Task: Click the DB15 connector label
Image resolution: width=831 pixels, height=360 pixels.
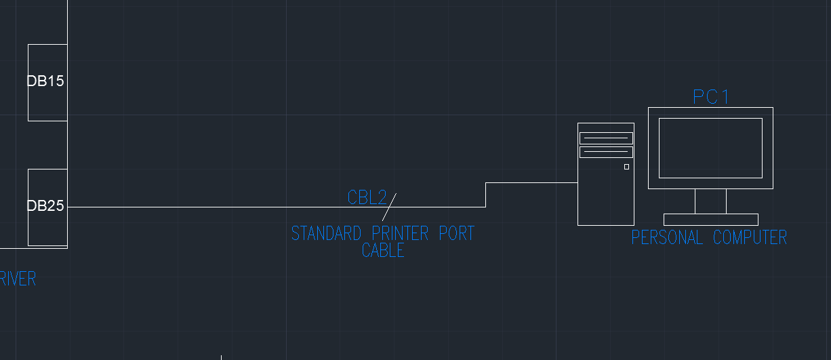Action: click(45, 81)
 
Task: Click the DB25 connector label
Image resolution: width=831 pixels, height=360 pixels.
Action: click(45, 206)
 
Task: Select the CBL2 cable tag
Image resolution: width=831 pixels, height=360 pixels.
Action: click(367, 198)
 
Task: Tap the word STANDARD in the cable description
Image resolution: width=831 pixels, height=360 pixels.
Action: click(326, 234)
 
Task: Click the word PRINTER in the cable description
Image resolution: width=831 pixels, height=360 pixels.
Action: click(400, 234)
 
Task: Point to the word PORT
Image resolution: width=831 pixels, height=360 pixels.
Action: click(456, 234)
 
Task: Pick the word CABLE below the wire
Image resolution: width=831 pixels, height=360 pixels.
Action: click(383, 251)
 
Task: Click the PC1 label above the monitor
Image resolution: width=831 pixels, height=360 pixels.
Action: click(710, 98)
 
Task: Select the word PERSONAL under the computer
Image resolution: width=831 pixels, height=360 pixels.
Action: click(667, 238)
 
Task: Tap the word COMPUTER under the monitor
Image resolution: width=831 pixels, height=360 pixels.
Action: click(750, 238)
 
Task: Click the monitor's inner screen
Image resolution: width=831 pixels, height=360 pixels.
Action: click(710, 148)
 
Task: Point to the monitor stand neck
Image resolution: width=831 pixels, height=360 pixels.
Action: click(710, 201)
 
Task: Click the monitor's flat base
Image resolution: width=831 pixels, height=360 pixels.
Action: click(710, 219)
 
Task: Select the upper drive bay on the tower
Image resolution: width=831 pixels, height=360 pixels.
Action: click(605, 138)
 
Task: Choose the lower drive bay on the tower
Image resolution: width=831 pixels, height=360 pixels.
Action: click(605, 152)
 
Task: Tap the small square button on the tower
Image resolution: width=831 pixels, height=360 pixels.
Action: click(626, 167)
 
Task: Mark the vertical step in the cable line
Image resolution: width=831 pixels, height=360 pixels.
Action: click(485, 195)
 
